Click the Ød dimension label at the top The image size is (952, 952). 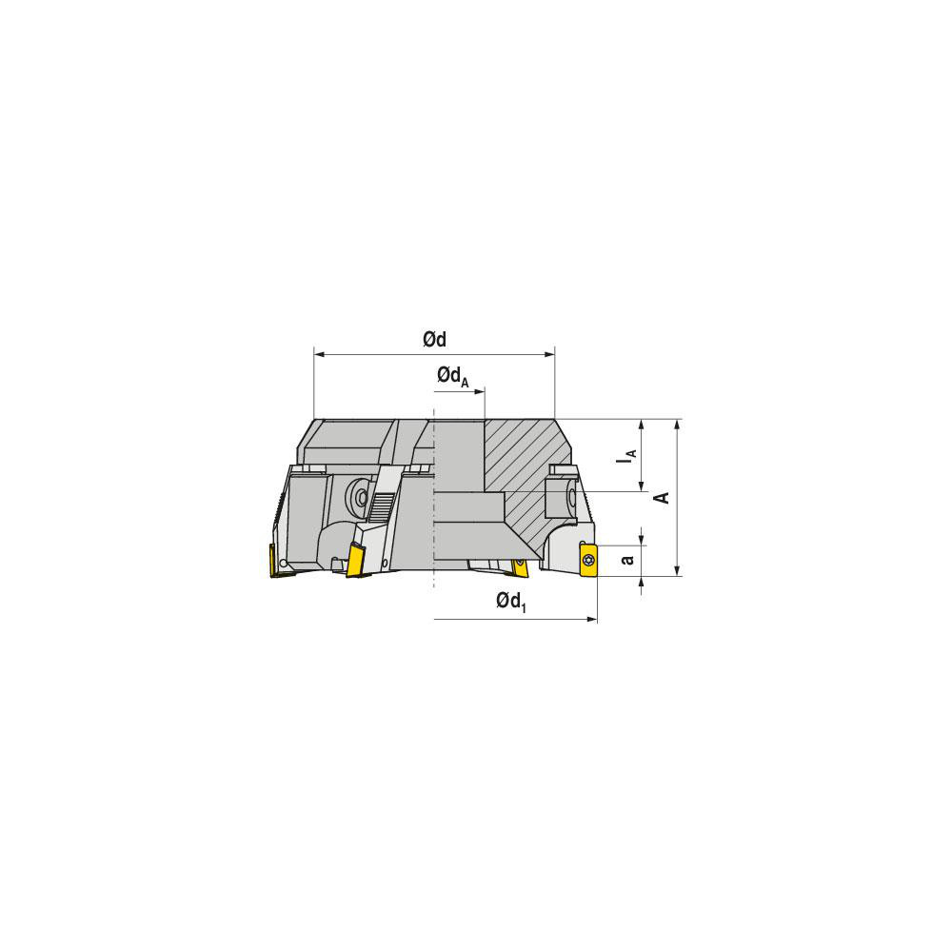pyautogui.click(x=435, y=340)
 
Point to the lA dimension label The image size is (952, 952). pyautogui.click(x=626, y=457)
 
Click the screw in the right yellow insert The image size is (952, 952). pyautogui.click(x=587, y=559)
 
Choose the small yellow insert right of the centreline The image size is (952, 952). pyautogui.click(x=520, y=567)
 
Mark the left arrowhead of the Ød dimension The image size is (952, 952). pyautogui.click(x=318, y=355)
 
